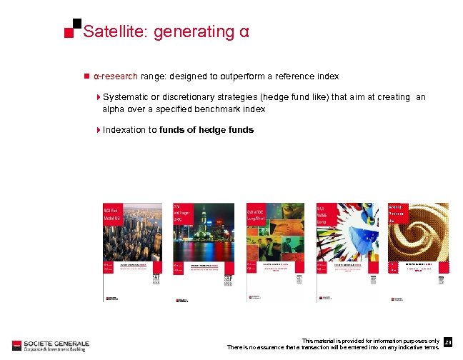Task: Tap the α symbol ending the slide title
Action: point(244,33)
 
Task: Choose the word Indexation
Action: point(125,130)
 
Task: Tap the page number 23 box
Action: point(448,343)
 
